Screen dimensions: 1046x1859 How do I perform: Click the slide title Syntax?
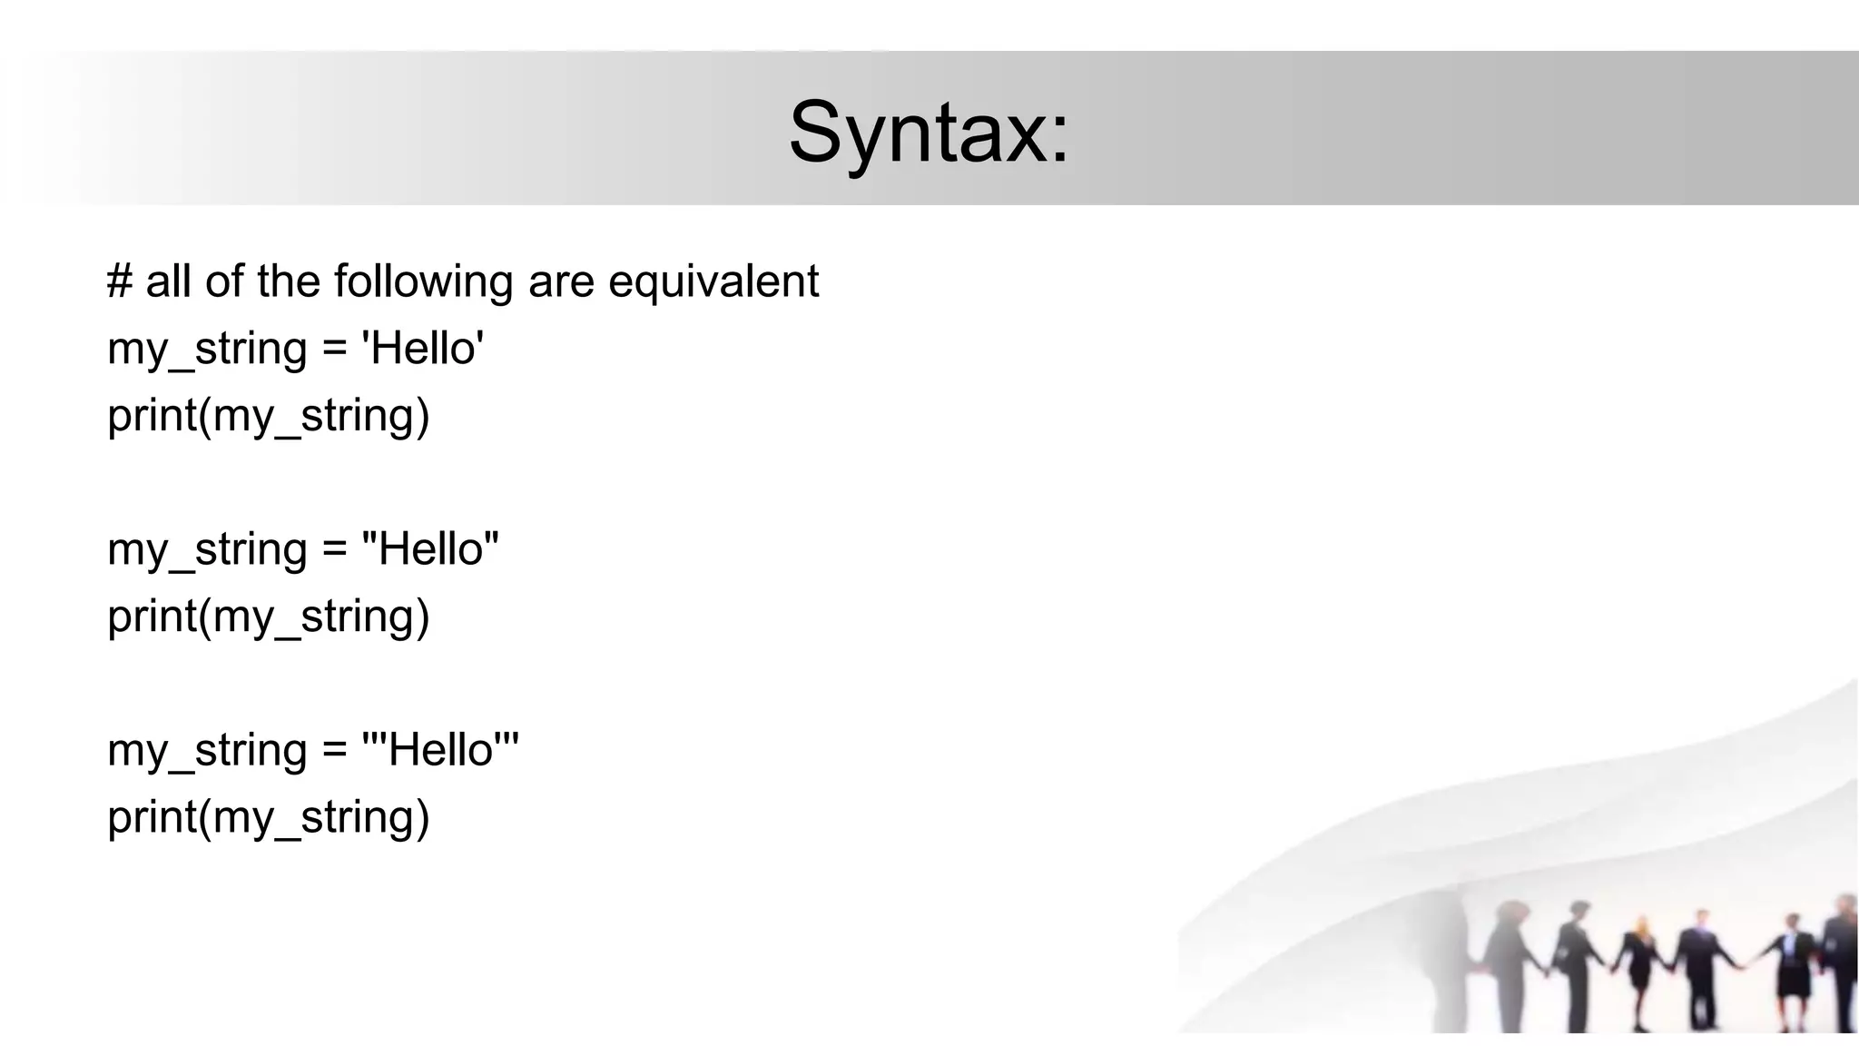929,133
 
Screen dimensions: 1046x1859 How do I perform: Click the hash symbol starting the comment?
119,281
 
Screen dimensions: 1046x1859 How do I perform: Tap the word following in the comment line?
424,281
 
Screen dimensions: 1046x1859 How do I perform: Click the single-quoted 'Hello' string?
423,348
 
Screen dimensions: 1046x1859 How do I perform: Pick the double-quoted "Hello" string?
430,548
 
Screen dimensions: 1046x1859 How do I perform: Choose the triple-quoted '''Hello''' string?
440,750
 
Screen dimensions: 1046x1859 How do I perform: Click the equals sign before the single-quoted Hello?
334,350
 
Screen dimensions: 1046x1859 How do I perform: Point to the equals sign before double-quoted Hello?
334,550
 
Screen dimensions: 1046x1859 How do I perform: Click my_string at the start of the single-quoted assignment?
207,350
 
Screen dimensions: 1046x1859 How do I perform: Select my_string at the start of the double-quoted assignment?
207,550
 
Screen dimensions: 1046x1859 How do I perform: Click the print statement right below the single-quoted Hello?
268,416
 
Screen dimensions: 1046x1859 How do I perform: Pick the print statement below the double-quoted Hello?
268,617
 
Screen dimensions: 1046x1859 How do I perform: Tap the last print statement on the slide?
268,817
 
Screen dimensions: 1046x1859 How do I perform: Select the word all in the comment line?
169,281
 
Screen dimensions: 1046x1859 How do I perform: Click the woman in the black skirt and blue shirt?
1792,972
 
